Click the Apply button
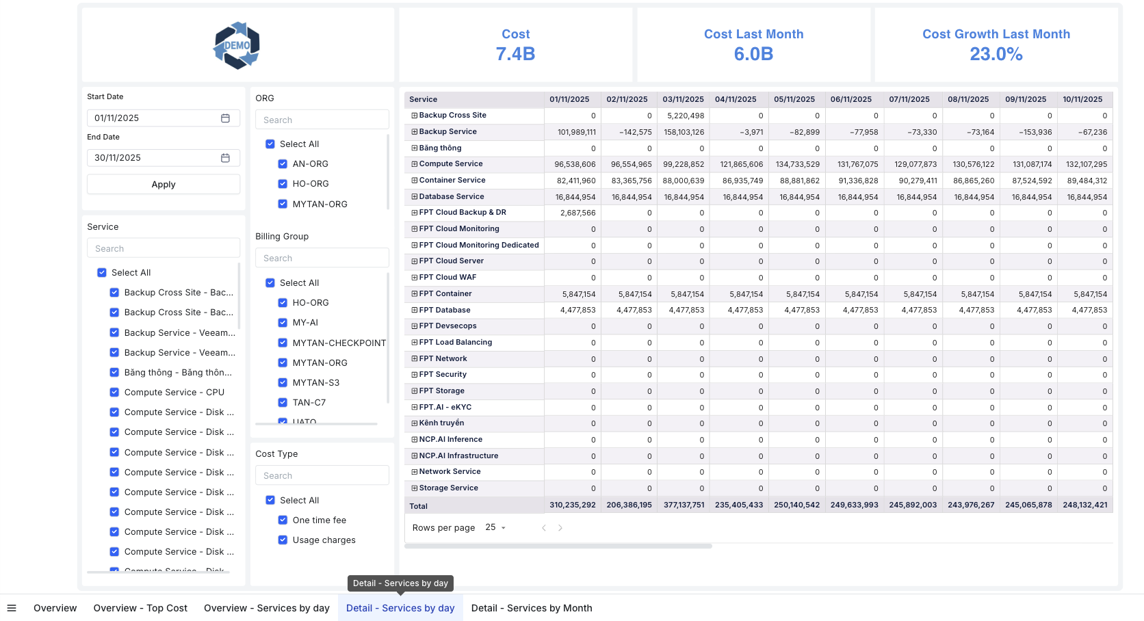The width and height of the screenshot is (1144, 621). [164, 185]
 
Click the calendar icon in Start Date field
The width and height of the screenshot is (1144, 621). [225, 118]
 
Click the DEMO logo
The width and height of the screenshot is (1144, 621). [237, 46]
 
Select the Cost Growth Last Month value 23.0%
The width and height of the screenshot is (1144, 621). [996, 54]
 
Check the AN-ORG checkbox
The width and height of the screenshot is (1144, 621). [283, 164]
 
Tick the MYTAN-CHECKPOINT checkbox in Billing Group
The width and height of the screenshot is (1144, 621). [283, 343]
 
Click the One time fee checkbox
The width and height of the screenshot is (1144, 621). [283, 520]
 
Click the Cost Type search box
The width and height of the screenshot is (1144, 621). [322, 476]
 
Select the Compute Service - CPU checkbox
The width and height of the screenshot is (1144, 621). [114, 393]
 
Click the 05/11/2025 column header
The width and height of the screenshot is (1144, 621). [794, 100]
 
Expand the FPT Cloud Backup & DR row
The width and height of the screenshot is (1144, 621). [414, 213]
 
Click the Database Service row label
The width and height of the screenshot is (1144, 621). [451, 197]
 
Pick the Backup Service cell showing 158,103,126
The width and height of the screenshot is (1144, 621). [684, 133]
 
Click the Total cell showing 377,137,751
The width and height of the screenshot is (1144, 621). [684, 505]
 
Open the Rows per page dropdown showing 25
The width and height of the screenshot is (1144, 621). [495, 528]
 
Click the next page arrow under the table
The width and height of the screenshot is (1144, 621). [560, 528]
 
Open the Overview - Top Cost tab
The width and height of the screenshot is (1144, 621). [140, 608]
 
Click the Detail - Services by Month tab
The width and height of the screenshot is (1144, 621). [532, 608]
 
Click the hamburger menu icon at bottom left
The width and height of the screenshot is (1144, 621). [12, 608]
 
